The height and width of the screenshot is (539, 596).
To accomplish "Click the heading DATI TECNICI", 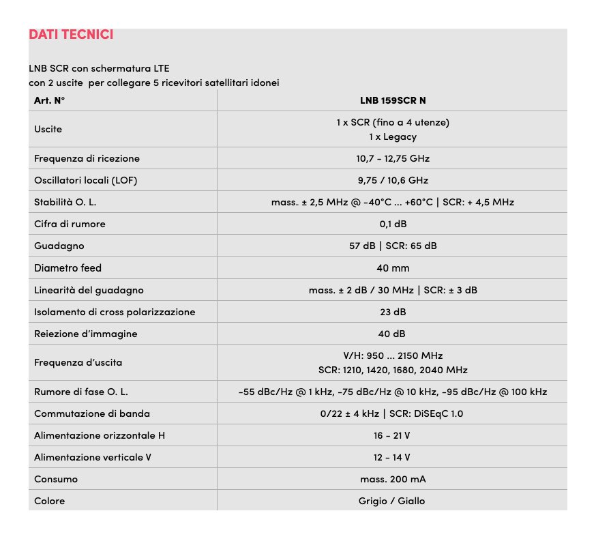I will (71, 34).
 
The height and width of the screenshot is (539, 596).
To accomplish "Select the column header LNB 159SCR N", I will (393, 100).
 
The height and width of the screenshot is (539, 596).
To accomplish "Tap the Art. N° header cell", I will (49, 100).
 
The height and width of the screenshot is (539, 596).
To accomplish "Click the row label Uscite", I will (48, 129).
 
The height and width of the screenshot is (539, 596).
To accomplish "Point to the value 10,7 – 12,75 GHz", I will (393, 158).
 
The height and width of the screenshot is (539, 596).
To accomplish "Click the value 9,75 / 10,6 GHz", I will (393, 180).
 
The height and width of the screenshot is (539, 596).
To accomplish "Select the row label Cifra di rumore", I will (70, 224).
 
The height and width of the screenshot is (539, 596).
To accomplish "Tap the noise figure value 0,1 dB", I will (393, 224).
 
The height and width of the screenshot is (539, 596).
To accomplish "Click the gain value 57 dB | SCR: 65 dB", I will (393, 246).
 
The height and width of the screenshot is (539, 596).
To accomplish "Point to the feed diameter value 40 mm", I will (393, 268).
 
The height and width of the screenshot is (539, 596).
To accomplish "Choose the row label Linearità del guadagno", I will (89, 290).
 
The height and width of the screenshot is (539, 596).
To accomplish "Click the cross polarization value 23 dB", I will (393, 312).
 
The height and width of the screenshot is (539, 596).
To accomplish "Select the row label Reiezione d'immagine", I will (85, 334).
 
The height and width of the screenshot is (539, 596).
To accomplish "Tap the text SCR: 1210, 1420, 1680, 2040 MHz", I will (393, 370).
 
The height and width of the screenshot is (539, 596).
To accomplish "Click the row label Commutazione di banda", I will (92, 413).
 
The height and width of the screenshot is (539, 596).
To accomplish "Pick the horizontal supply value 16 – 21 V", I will (393, 435).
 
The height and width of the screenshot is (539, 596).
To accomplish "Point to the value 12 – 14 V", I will (393, 457).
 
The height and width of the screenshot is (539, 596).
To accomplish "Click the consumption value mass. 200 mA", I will (393, 479).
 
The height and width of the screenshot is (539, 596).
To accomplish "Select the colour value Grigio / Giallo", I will (393, 501).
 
